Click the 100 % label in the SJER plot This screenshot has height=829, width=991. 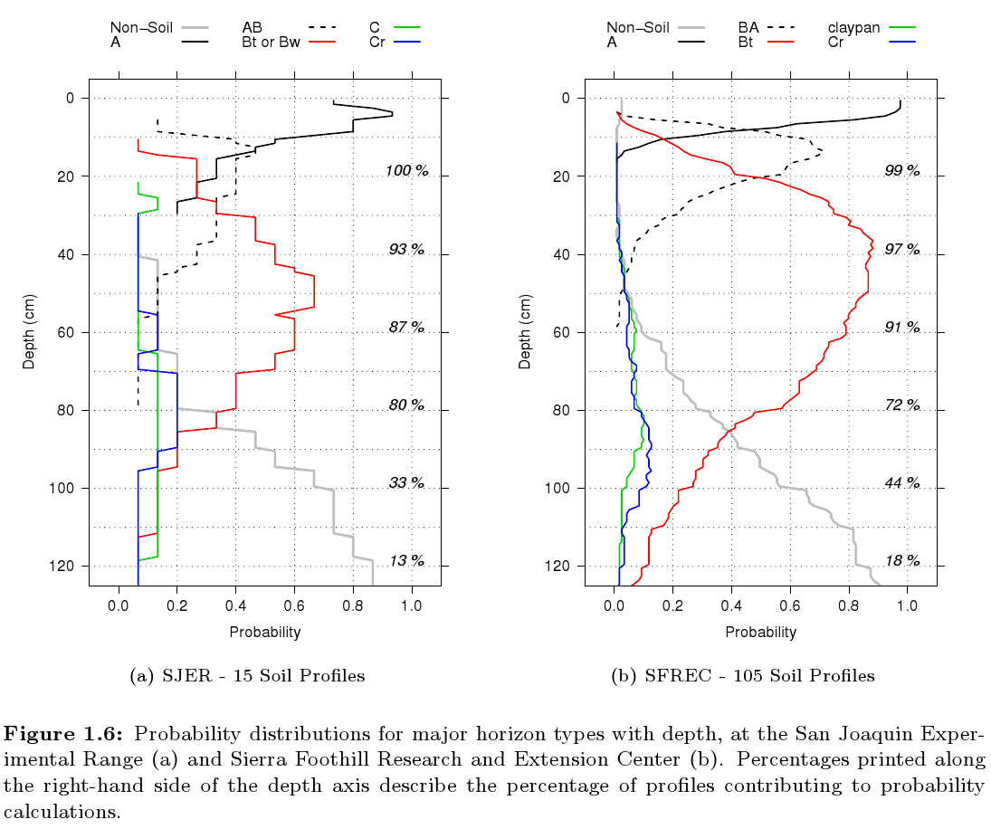(405, 171)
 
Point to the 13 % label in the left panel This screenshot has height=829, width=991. (405, 561)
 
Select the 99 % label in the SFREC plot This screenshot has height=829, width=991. (901, 171)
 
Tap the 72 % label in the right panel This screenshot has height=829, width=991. (901, 405)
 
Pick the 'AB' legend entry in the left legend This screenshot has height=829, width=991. (252, 27)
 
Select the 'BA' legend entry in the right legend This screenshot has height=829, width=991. (748, 27)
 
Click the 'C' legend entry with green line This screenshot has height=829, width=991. (374, 27)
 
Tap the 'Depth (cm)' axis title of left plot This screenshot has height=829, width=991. (29, 331)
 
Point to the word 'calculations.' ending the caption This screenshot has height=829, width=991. (62, 811)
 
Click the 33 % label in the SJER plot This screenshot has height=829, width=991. (405, 483)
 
